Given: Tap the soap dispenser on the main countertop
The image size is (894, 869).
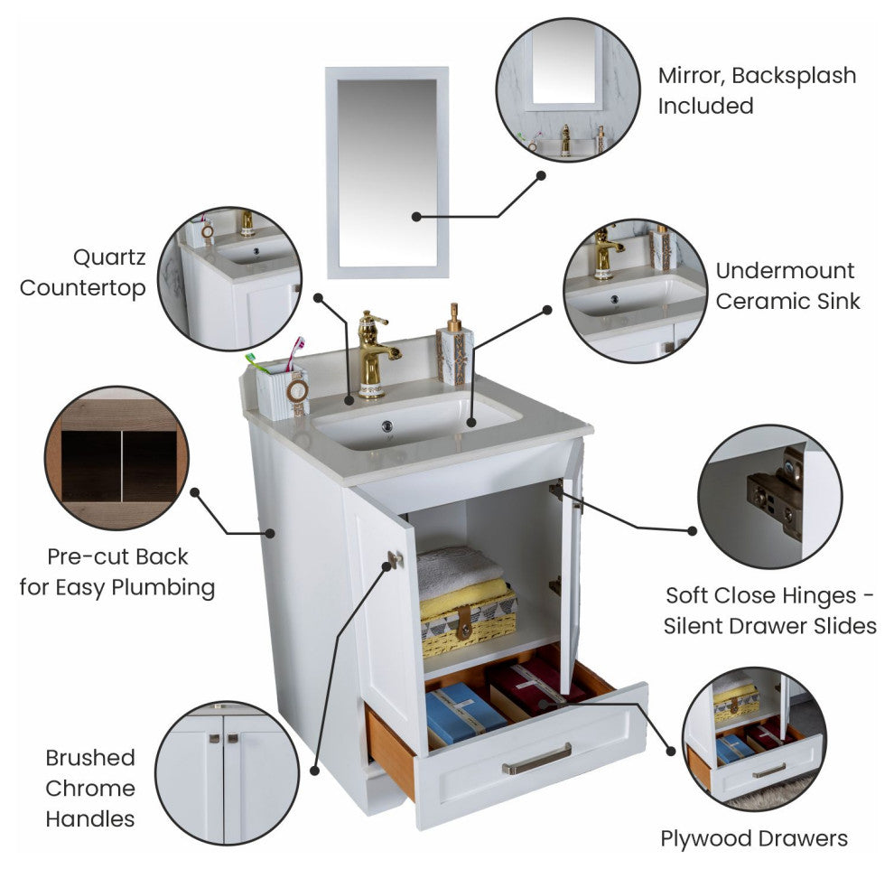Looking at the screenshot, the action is tap(454, 345).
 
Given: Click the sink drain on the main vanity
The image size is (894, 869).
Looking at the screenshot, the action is tap(387, 425).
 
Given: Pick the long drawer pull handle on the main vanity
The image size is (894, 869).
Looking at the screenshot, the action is tap(536, 759).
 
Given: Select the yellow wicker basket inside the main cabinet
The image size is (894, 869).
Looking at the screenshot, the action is tap(468, 624).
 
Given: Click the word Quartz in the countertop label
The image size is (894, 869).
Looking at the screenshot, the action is tap(109, 258).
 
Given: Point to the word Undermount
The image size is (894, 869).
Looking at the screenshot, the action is tap(785, 270).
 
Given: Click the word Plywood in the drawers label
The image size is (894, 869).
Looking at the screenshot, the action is tap(703, 839).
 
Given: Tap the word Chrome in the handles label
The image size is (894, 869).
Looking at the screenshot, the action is tap(90, 789).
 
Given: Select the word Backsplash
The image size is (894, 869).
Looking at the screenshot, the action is tap(794, 76).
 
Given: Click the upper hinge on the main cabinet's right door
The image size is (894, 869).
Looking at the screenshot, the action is tap(556, 490).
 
